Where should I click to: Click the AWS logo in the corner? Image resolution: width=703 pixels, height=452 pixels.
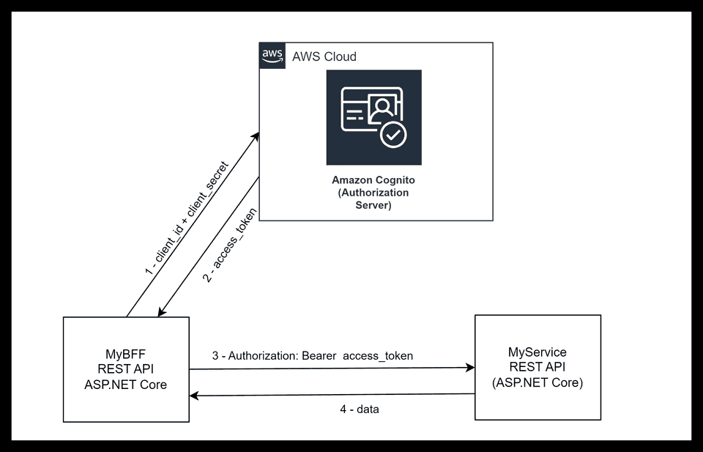272,56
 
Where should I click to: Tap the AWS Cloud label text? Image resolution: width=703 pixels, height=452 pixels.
324,56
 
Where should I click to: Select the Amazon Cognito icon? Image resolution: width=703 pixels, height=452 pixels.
373,117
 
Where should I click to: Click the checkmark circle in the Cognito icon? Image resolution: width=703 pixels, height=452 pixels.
393,134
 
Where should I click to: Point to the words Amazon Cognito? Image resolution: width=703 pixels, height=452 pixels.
373,179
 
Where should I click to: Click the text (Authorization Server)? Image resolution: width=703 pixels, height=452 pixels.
373,199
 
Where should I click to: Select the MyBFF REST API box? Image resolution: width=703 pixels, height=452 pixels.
126,369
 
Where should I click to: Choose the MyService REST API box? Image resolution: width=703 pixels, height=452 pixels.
538,367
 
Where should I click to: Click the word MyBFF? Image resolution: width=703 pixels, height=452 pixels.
126,352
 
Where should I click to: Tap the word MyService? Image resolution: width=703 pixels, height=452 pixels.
538,352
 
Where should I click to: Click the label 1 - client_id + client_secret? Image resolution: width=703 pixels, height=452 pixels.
187,219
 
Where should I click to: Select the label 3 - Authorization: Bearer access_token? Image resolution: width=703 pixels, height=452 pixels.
313,356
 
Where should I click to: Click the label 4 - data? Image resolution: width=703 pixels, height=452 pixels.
360,410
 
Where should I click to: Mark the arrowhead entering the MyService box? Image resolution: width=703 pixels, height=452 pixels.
470,368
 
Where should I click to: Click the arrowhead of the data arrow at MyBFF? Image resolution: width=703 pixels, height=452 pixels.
194,396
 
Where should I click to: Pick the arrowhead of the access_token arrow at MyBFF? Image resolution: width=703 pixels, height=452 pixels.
160,313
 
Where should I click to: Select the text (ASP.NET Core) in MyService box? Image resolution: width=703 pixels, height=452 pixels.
538,382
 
